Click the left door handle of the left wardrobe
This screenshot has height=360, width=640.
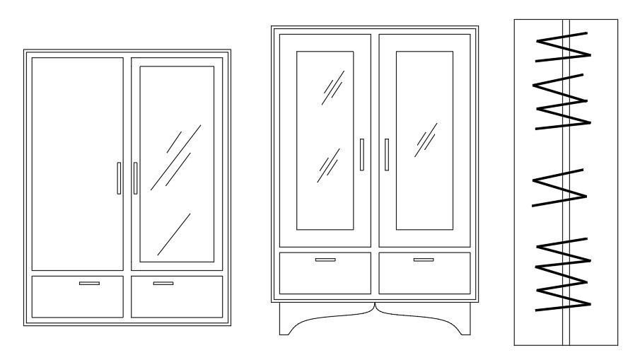pos(119,178)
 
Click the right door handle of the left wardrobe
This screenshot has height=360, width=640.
pos(135,178)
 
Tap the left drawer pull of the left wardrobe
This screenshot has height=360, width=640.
pos(89,284)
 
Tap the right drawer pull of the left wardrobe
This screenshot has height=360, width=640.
pos(163,284)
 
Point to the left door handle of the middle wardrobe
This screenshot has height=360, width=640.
pos(361,154)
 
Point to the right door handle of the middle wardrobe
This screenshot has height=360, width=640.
pos(387,154)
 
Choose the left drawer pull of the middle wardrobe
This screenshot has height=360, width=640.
pos(325,260)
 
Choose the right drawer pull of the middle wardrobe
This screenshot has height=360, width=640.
pos(424,260)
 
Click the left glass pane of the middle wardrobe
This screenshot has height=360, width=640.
pos(325,140)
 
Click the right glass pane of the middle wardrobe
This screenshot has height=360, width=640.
pos(424,140)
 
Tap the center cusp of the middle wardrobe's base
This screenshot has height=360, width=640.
pos(375,308)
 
